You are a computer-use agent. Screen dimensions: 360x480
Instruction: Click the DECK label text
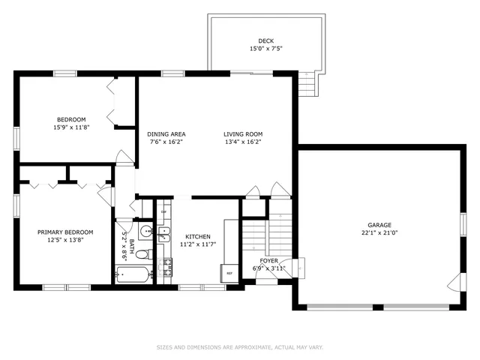pos(265,41)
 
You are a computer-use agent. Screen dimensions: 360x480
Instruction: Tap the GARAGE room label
pos(379,225)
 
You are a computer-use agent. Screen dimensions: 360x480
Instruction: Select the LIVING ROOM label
pos(243,134)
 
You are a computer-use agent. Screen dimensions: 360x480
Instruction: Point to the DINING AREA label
pos(166,134)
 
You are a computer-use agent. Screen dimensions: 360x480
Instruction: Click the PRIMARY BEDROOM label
pos(65,232)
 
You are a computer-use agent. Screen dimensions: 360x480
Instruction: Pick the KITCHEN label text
pos(198,237)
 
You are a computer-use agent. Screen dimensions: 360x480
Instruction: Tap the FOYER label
pos(268,261)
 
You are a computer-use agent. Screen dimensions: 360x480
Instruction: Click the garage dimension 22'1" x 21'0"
pos(379,232)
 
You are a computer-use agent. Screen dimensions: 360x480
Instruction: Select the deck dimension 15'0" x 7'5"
pos(265,49)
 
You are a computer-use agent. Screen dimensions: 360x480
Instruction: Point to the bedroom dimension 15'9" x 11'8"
pos(71,127)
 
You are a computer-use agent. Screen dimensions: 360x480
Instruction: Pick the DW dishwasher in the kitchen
pos(163,211)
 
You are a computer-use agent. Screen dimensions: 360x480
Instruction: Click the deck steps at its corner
pos(308,83)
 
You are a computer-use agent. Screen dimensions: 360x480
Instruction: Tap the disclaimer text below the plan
pos(240,347)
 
